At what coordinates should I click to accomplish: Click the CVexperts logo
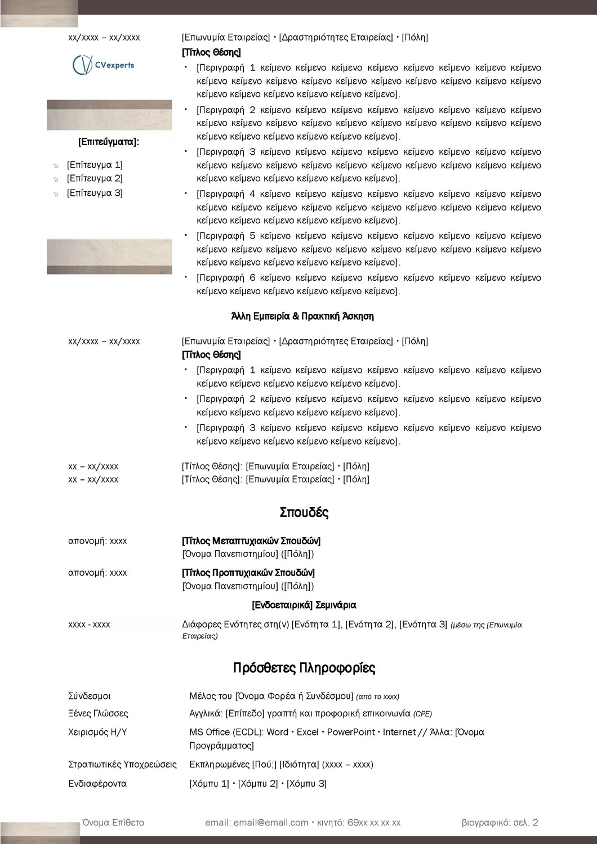coord(104,65)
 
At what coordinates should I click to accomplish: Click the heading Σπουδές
coord(304,513)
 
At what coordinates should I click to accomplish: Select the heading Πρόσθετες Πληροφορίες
coord(304,668)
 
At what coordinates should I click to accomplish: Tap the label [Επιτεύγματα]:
coord(109,142)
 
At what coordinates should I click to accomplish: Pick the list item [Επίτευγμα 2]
coord(95,179)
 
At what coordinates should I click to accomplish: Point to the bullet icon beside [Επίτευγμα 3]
coord(56,194)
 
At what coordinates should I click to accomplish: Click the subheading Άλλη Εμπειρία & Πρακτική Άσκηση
coord(302,316)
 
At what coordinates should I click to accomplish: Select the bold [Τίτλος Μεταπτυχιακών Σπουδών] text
coord(251,541)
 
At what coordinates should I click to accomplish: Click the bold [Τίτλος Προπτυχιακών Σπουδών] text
coord(248,573)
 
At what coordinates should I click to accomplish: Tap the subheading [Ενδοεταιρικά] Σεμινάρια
coord(304,605)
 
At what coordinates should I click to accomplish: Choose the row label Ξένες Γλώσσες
coord(98,713)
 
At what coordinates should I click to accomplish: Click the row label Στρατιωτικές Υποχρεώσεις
coord(122,765)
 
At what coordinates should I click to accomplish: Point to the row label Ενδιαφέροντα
coord(97,784)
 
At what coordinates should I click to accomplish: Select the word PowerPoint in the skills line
coord(351,733)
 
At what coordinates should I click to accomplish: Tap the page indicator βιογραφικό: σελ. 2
coord(500,823)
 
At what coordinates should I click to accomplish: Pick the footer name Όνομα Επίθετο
coord(113,823)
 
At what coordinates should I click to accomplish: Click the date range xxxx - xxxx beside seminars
coord(89,625)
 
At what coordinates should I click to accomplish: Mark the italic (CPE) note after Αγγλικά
coord(422,714)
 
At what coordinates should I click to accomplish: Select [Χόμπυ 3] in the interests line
coord(306,784)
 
